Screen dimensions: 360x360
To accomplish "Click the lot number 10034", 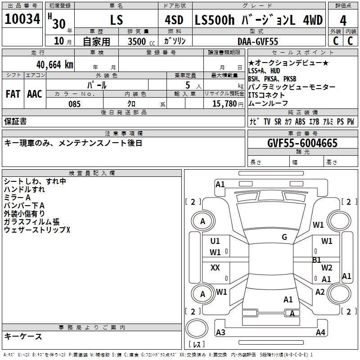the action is [x=22, y=20].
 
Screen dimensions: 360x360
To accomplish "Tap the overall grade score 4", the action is [x=343, y=21].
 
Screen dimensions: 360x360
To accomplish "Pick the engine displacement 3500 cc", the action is [x=138, y=41].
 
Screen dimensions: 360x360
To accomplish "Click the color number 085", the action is [x=75, y=104].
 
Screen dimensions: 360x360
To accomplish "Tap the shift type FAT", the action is [x=13, y=94].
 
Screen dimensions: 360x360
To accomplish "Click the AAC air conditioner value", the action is [x=35, y=94].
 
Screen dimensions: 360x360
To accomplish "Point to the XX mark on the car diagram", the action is [x=215, y=268].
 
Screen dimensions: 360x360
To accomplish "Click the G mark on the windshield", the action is [x=284, y=237].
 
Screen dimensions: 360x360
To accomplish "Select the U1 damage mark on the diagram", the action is [x=215, y=241].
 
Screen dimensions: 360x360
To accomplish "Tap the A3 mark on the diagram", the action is [x=220, y=333].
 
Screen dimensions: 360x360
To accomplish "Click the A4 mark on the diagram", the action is [x=320, y=333].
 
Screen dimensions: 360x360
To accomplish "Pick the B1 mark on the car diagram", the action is [x=317, y=260].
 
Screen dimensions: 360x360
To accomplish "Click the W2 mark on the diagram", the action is [x=327, y=268].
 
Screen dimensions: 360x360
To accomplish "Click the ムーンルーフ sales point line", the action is [x=266, y=103].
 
